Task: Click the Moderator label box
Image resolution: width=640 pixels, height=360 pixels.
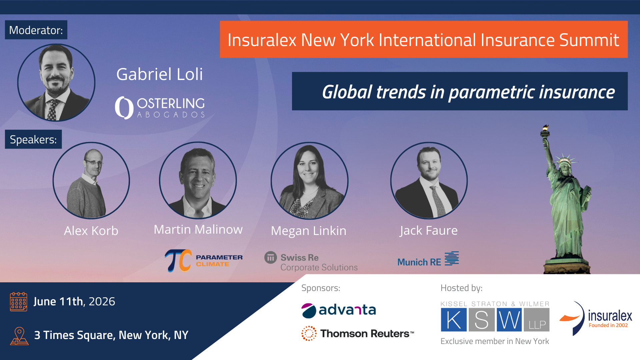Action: [x=36, y=30]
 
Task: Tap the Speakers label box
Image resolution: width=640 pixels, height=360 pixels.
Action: [x=33, y=139]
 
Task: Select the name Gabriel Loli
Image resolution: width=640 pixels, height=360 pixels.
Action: [x=159, y=74]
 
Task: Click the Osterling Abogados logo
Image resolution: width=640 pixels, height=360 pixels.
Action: [x=160, y=107]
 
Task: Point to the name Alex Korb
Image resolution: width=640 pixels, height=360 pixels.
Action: [x=91, y=231]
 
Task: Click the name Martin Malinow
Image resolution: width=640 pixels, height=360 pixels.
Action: [x=198, y=229]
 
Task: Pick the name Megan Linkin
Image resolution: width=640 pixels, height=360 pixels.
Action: [x=309, y=231]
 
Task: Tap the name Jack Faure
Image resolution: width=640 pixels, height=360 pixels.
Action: [x=429, y=230]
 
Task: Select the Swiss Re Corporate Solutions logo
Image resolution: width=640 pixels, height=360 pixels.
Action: [x=311, y=262]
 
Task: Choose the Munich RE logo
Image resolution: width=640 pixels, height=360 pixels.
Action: [x=428, y=259]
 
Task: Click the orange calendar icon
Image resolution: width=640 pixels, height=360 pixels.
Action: [x=19, y=302]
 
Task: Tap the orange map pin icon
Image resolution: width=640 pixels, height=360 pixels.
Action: [x=19, y=336]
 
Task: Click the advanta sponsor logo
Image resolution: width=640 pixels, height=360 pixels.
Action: [x=339, y=310]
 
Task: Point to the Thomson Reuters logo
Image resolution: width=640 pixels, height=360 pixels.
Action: [x=358, y=333]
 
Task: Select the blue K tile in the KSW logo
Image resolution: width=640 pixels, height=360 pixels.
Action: [x=454, y=320]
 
